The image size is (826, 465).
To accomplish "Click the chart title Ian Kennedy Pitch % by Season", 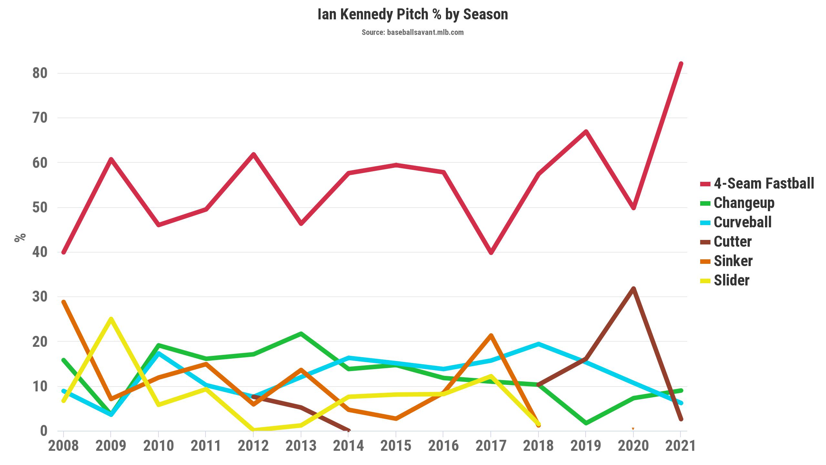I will point(413,15).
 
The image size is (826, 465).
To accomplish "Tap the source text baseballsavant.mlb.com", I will point(413,32).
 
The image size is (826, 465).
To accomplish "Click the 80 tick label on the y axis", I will point(40,73).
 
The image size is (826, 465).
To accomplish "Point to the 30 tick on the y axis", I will point(40,297).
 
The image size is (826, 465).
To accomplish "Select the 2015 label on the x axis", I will point(396,446).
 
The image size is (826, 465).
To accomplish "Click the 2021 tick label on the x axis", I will point(680,446).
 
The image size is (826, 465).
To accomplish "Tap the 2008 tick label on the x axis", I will point(64,446).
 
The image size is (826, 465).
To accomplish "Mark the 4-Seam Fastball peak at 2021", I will point(680,64).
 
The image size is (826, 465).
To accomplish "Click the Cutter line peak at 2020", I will point(633,289).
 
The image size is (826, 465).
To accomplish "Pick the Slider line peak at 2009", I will point(111,319).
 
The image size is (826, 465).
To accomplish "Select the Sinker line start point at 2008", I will point(64,302).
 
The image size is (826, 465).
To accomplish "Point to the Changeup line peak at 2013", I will point(301,334).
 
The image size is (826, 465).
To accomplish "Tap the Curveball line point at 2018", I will point(538,344).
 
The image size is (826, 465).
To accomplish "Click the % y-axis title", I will point(20,237).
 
